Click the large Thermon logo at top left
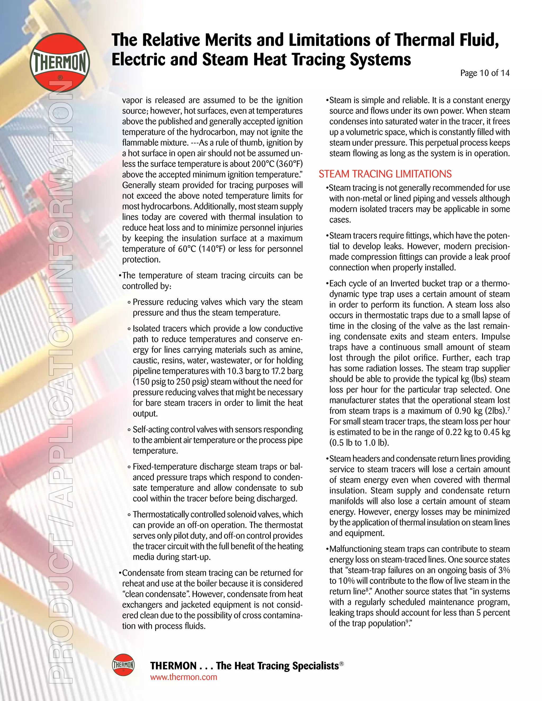[x=60, y=63]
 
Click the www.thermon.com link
[x=183, y=677]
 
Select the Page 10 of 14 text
[x=485, y=73]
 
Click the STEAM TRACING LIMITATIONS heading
[x=385, y=174]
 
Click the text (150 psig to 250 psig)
[x=171, y=382]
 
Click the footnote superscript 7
[x=509, y=409]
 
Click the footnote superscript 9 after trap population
[x=407, y=621]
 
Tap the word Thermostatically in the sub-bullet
[x=161, y=515]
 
